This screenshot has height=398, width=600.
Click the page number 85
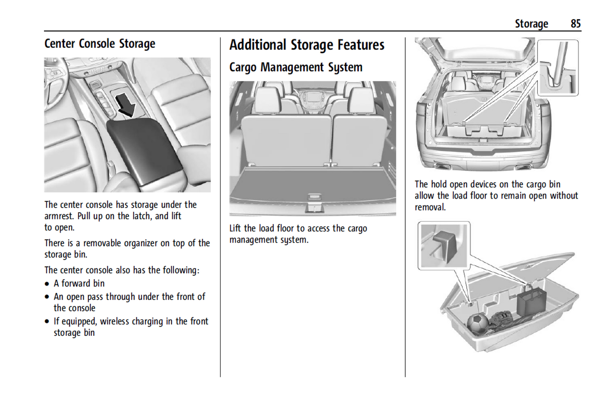click(575, 24)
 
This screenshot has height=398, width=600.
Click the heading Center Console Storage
click(100, 44)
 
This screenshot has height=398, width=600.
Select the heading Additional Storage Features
click(307, 45)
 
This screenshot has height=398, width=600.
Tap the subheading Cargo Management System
click(296, 67)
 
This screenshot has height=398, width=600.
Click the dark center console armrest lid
click(145, 150)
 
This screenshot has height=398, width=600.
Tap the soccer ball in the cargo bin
click(478, 323)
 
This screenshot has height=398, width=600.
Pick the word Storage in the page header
click(531, 24)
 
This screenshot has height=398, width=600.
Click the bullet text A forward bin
click(79, 283)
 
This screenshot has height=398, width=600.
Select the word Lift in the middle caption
click(235, 228)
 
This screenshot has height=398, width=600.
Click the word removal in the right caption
click(429, 207)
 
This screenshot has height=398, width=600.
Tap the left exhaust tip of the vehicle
click(443, 167)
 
